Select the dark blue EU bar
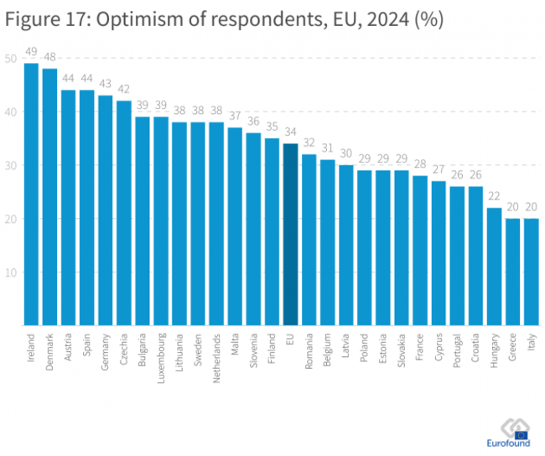[291, 235]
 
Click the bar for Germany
[106, 210]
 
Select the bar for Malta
[236, 226]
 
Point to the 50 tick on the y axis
[9, 58]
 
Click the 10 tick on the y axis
[9, 272]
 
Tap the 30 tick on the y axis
[9, 165]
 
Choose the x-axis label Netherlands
[217, 360]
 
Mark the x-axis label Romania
[309, 354]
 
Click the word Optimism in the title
[132, 18]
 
